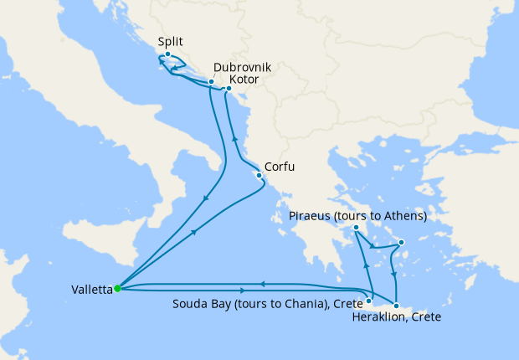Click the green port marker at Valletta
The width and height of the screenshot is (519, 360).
(x=117, y=289)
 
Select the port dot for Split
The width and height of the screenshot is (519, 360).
(x=168, y=54)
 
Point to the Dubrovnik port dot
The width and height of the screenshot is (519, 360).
(x=211, y=82)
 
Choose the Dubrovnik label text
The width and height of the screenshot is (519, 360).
(x=242, y=66)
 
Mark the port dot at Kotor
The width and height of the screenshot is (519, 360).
(x=229, y=87)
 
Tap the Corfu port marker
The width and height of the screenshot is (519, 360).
(x=259, y=176)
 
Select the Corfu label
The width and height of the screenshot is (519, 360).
(x=280, y=167)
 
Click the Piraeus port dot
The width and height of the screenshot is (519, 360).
(x=356, y=228)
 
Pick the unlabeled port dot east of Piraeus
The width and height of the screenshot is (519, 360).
(x=402, y=244)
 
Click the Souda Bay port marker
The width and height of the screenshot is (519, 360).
(x=369, y=300)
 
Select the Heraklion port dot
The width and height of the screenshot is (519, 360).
(x=396, y=306)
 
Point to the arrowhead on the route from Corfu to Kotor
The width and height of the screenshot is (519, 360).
(x=234, y=140)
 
